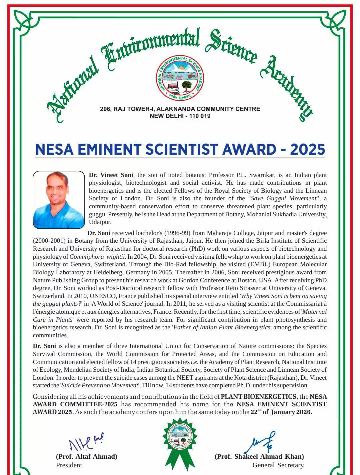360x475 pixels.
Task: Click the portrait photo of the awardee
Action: point(59,200)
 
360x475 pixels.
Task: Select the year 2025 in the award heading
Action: point(307,149)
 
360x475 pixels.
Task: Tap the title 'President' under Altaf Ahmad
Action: point(69,465)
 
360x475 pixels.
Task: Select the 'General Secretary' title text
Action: point(278,465)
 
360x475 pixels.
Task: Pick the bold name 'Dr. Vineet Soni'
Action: point(111,175)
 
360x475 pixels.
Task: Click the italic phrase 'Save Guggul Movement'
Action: point(283,198)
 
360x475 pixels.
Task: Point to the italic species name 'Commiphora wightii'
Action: point(97,257)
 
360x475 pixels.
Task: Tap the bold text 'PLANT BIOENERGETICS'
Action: point(259,396)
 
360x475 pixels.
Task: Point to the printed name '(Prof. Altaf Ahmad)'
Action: point(87,456)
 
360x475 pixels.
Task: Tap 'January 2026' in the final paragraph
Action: point(291,412)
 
